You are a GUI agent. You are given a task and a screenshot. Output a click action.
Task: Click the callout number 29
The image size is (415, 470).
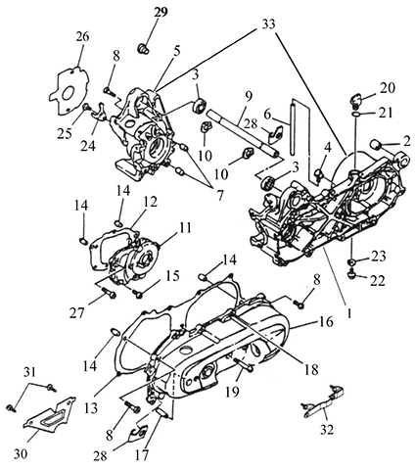(x=161, y=13)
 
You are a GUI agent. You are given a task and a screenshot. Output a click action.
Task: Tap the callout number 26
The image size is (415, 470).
(x=82, y=36)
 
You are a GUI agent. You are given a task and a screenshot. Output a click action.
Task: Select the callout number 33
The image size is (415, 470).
(x=268, y=24)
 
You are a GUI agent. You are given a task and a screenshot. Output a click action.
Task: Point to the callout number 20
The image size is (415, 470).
(x=388, y=87)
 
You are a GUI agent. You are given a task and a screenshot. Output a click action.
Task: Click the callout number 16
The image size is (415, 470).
(x=327, y=322)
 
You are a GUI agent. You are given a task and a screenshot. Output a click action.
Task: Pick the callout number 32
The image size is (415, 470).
(x=327, y=430)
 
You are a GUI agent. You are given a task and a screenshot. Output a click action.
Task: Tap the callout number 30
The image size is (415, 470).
(x=21, y=453)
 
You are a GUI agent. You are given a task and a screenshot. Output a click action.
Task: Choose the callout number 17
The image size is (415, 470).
(x=142, y=454)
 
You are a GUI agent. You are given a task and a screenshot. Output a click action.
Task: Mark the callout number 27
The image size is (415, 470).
(x=76, y=313)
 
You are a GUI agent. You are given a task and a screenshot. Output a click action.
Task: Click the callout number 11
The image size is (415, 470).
(x=185, y=228)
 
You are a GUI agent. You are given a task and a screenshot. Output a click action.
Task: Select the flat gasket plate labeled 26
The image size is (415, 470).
(x=69, y=90)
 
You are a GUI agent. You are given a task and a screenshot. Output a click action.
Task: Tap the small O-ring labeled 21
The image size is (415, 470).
(x=356, y=114)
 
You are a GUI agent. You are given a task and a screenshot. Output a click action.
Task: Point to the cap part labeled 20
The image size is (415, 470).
(x=355, y=100)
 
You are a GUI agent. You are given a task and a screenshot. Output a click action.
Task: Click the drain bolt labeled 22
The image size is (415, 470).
(x=352, y=275)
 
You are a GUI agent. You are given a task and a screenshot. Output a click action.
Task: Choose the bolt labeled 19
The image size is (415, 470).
(x=244, y=363)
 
